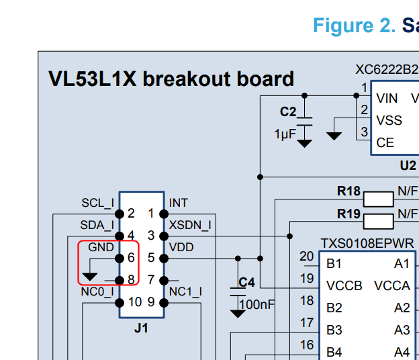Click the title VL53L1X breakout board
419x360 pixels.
(x=171, y=79)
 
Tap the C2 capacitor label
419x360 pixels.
(x=288, y=111)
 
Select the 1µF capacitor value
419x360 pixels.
(x=285, y=134)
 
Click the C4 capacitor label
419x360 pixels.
(x=247, y=282)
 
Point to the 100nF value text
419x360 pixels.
(x=257, y=304)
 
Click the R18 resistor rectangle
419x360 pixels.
(x=378, y=199)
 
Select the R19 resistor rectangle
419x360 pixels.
(x=378, y=220)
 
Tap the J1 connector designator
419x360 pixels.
(x=141, y=328)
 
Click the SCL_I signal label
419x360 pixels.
(x=97, y=203)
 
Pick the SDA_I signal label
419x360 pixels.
(x=97, y=225)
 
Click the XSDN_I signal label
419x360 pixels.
(x=190, y=225)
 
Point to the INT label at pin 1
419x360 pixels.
(x=179, y=203)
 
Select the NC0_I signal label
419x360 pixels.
(x=97, y=291)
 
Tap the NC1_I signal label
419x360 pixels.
(x=185, y=291)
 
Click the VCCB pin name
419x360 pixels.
(x=344, y=285)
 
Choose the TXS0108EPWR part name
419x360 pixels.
(x=367, y=243)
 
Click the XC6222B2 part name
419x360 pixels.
(x=386, y=69)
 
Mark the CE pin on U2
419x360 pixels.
(x=385, y=142)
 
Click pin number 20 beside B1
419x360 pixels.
(x=306, y=256)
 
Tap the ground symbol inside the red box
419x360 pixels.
(x=89, y=276)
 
